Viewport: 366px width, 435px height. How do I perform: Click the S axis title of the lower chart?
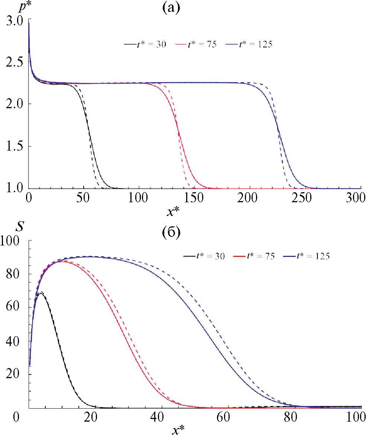9,226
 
